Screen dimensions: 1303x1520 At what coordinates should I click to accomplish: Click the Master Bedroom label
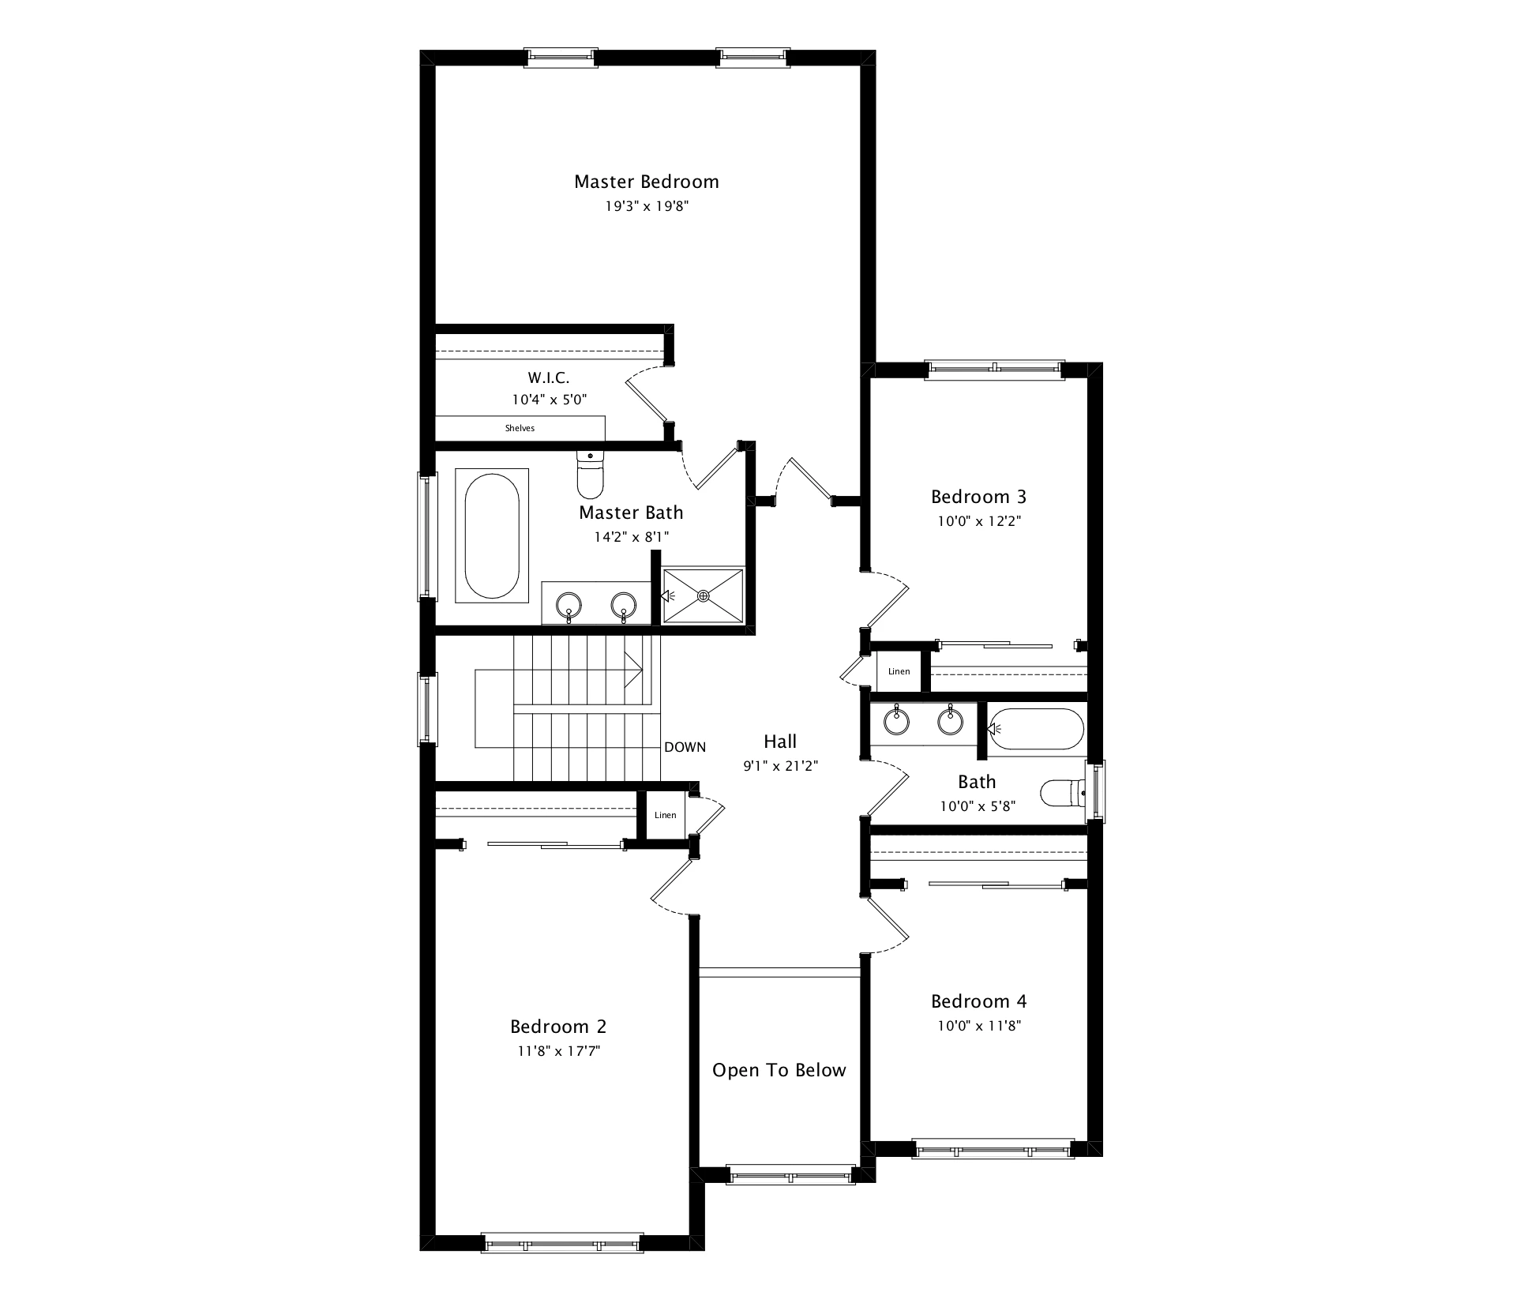click(646, 182)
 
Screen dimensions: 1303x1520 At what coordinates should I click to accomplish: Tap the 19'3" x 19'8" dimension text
click(646, 207)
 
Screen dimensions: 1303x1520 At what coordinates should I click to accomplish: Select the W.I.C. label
click(549, 378)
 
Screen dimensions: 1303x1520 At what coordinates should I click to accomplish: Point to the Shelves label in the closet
click(520, 428)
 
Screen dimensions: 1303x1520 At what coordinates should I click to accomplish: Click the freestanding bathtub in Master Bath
click(492, 536)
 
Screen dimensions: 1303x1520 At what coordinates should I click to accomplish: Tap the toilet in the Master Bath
click(590, 475)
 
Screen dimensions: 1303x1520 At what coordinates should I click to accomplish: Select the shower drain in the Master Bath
click(703, 596)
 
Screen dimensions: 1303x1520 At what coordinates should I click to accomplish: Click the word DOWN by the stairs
click(685, 747)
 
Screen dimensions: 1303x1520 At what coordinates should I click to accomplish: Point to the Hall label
click(780, 742)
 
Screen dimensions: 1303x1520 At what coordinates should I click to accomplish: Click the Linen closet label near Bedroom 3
click(899, 671)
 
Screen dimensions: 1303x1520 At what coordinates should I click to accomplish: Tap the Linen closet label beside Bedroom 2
click(665, 815)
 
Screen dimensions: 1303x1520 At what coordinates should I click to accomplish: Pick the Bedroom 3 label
click(978, 497)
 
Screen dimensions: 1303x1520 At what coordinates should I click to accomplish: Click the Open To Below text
click(779, 1070)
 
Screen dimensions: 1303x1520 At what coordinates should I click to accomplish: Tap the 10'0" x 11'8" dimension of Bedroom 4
click(978, 1026)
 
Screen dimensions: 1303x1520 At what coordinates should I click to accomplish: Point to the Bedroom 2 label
click(558, 1027)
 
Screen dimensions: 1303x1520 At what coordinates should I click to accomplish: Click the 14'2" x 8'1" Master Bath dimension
click(631, 537)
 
